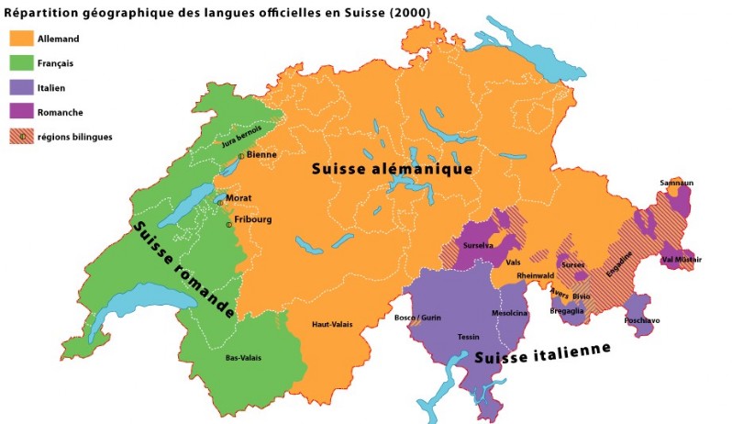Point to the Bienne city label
(261, 155)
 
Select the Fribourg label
(253, 219)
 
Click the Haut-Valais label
(332, 323)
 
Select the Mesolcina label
(510, 312)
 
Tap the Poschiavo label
(641, 320)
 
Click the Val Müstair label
(682, 259)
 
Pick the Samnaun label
(676, 183)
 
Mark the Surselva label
(479, 246)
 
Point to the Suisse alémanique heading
(392, 169)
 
